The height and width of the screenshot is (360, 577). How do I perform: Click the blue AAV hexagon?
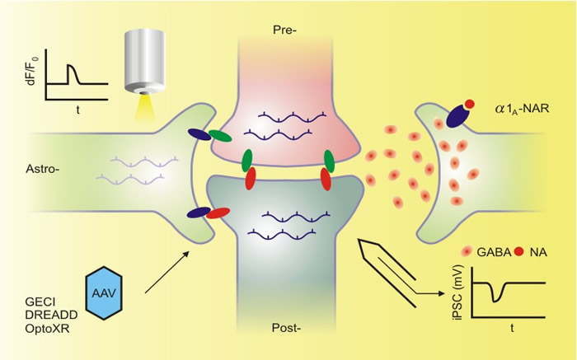[x=103, y=292]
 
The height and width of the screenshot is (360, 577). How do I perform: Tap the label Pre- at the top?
[x=285, y=30]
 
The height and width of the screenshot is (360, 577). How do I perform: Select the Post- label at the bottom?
[x=286, y=328]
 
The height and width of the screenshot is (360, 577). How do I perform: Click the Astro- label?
[x=43, y=169]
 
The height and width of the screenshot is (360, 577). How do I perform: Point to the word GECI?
[x=40, y=302]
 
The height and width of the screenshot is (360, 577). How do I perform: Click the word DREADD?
[x=51, y=315]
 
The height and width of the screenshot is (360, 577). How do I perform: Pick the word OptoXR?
[x=47, y=328]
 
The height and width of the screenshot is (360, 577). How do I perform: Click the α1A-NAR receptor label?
[x=522, y=110]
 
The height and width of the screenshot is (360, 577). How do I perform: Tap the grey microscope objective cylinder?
[x=144, y=61]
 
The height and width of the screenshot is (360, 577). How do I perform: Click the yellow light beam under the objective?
[x=144, y=107]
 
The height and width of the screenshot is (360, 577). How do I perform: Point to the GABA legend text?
[x=494, y=252]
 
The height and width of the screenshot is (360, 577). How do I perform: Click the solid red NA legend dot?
[x=518, y=252]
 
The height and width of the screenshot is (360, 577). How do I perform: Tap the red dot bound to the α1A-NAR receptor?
[x=470, y=104]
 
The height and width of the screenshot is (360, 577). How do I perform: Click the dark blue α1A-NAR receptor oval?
[x=457, y=117]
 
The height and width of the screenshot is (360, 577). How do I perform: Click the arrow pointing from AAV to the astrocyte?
[x=167, y=272]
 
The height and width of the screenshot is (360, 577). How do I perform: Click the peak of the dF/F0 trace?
[x=71, y=65]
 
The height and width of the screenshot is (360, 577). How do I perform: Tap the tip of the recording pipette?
[x=359, y=240]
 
